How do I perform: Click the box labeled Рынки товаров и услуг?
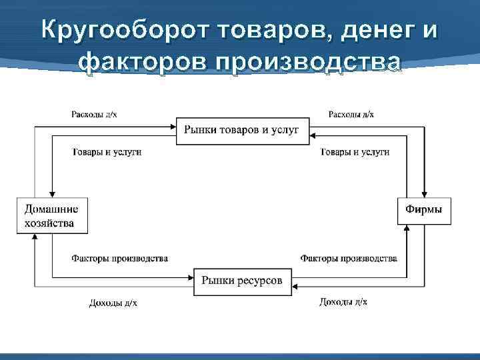[242, 130]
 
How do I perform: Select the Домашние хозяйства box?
[52, 215]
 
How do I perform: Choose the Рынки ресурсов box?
[242, 281]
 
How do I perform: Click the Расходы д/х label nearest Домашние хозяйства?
[94, 115]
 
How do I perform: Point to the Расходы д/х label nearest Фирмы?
[351, 115]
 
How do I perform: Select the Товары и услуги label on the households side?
[107, 152]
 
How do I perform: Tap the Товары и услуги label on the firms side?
[355, 152]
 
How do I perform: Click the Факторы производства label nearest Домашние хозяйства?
[119, 258]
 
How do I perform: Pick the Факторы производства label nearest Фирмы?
[349, 258]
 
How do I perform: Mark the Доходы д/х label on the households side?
[113, 303]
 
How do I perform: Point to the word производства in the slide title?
[308, 62]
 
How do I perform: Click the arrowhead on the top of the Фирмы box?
[424, 193]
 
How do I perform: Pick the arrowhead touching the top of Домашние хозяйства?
[52, 193]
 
